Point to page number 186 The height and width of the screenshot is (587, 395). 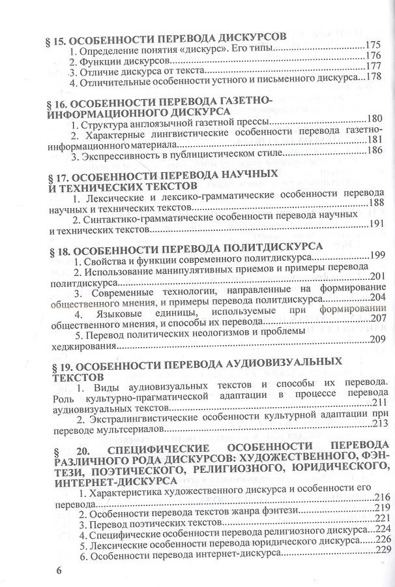click(x=375, y=151)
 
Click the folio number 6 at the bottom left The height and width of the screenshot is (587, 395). click(x=59, y=569)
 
